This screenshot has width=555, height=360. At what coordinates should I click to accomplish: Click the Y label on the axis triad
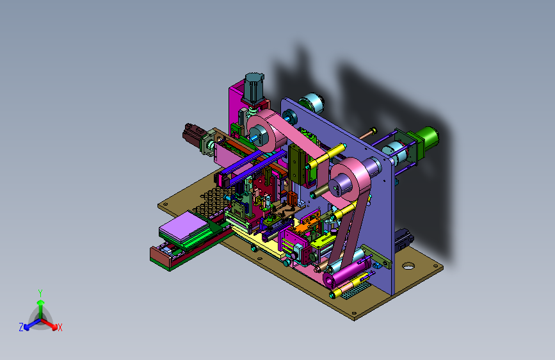pos(40,293)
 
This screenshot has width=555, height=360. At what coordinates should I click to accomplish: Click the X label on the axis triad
pos(60,328)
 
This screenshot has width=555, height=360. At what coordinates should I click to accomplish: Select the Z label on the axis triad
pos(21,327)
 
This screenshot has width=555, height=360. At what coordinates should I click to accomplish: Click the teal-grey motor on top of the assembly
pos(253,88)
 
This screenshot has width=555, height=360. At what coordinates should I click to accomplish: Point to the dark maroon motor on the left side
pos(193,135)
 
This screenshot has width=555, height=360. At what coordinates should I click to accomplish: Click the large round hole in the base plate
pos(408,266)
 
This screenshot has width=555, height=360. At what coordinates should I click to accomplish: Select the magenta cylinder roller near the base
pos(346,272)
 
